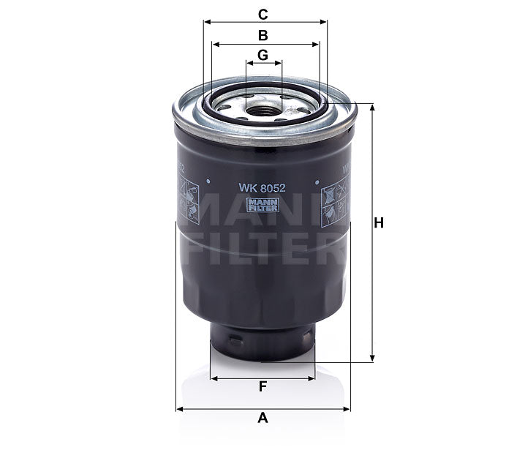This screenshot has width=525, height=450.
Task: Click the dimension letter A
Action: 263,419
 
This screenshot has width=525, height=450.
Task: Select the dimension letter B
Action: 263,34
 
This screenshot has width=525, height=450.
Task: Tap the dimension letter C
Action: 263,13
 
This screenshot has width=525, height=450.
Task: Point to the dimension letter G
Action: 263,55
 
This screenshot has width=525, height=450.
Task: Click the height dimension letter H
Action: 379,225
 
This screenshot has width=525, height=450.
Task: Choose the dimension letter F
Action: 263,388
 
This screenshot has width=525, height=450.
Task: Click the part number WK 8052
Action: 262,186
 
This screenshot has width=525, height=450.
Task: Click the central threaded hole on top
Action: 263,111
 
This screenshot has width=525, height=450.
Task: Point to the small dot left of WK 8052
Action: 209,179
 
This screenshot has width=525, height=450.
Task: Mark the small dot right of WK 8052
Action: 317,179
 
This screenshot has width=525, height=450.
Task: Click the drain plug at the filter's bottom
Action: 263,342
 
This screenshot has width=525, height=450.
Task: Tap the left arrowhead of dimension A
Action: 179,408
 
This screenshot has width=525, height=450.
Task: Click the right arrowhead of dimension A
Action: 348,408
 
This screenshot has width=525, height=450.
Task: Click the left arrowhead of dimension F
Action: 214,378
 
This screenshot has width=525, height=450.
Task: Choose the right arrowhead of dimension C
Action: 324,23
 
